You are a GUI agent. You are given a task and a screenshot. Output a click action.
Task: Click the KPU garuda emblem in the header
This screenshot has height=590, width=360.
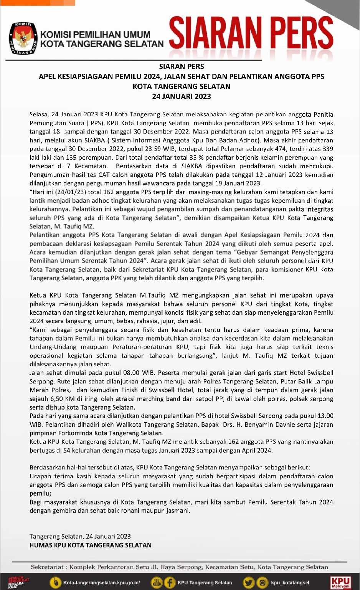coord(22,38)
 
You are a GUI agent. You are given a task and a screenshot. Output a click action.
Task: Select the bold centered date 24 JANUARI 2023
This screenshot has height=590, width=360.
coord(182,96)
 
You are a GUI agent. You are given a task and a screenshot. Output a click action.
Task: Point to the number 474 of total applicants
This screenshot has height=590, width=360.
coord(280,149)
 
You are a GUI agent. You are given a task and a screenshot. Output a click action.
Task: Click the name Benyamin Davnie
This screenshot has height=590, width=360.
coord(270,425)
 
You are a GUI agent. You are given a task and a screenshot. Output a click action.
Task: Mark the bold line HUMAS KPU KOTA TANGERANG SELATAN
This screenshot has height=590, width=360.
coord(91,545)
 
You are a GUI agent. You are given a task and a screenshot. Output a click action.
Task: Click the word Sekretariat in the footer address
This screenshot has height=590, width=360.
coord(47,567)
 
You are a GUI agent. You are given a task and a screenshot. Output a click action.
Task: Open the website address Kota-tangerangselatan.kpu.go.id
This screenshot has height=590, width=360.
coord(102,583)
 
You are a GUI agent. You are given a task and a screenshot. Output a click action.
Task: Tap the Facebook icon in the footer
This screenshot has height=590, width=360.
coord(169,583)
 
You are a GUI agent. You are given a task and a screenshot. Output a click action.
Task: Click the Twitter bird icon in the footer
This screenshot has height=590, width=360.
coord(248,583)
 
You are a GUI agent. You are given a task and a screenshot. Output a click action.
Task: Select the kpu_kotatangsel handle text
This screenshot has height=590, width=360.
coord(290,583)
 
